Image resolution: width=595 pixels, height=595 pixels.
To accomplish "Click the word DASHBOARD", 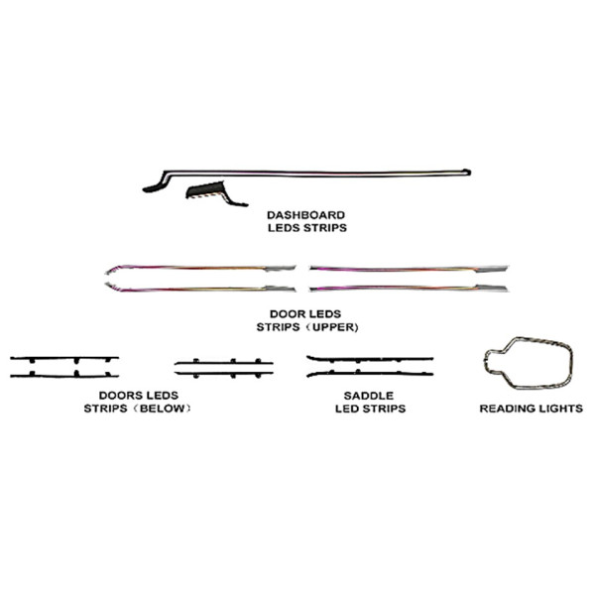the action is [305, 215].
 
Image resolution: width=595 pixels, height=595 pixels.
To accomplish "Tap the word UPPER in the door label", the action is [333, 327].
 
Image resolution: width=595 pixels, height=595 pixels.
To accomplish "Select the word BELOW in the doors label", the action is [163, 409].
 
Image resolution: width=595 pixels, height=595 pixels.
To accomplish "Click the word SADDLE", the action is [369, 396].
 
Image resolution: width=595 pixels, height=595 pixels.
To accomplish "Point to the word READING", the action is [506, 409].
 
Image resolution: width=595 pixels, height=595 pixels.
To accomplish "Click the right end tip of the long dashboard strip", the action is [470, 173].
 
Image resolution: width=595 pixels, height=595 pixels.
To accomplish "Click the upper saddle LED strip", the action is [370, 359].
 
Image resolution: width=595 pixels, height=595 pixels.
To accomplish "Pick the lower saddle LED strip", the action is [370, 374].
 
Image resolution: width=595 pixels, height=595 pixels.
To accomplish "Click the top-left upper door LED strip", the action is [200, 269].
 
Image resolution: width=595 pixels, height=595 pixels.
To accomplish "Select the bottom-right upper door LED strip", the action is [409, 289].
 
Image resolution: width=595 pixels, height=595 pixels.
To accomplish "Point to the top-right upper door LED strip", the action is [409, 269].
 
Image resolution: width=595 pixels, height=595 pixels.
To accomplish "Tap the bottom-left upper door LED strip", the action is [200, 289].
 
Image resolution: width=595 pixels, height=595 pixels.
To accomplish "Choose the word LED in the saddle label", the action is [346, 409].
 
